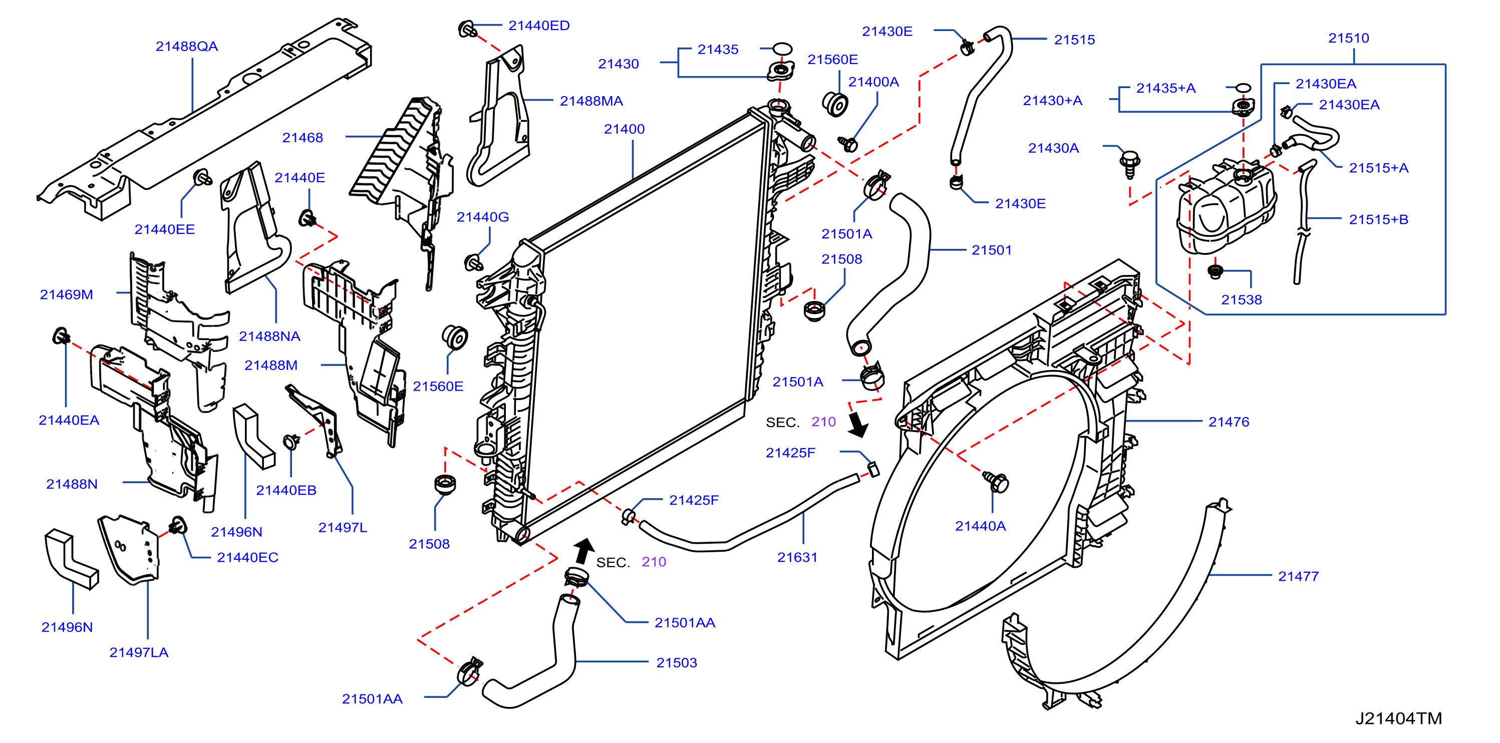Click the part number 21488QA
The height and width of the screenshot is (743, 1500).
point(186,47)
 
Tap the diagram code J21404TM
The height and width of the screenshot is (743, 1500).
point(1399,718)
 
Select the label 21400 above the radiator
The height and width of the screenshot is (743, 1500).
point(624,129)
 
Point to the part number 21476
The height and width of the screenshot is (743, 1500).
point(1229,422)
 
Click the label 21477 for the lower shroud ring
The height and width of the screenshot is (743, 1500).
point(1299,576)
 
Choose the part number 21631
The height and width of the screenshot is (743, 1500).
point(797,558)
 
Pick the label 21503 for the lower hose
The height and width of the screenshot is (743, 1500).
point(677,663)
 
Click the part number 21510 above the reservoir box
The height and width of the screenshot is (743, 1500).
point(1349,39)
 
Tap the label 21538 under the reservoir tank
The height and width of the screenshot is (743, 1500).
point(1242,300)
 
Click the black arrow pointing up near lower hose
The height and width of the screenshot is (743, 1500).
point(583,551)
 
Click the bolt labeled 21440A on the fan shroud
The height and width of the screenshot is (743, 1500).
point(997,482)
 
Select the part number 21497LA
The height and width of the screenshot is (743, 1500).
point(139,653)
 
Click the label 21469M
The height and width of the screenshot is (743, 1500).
point(67,294)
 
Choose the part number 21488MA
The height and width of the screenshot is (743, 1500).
point(591,101)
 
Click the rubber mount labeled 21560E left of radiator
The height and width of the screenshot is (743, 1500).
point(455,338)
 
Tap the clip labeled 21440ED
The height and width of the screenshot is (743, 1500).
point(467,29)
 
